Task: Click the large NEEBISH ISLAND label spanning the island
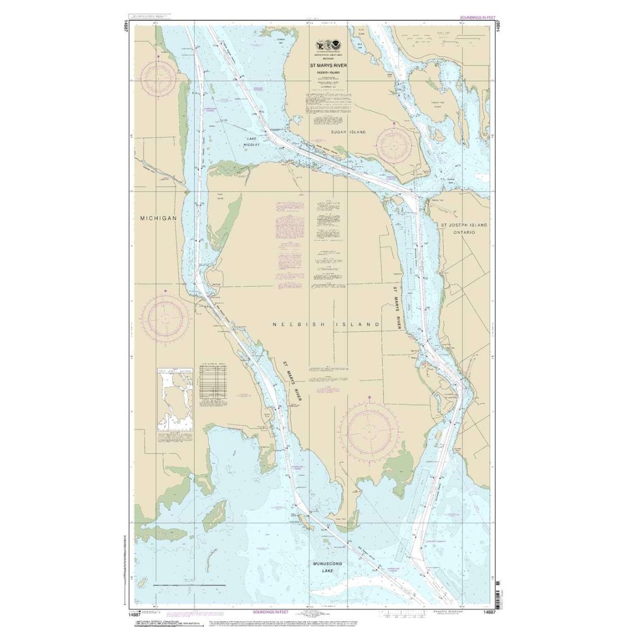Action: point(326,324)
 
